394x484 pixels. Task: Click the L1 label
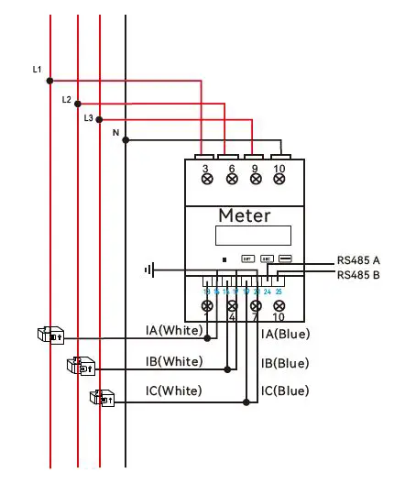click(x=37, y=70)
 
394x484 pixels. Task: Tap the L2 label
click(x=67, y=98)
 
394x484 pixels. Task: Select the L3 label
click(x=89, y=118)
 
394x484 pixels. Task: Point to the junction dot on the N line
click(x=126, y=140)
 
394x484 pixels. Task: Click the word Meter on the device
click(x=244, y=215)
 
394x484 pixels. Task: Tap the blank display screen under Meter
click(x=245, y=236)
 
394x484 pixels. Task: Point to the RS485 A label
click(x=357, y=259)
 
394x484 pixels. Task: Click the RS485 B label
click(x=357, y=274)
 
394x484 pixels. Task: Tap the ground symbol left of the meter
click(x=149, y=269)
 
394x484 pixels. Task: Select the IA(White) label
click(x=174, y=330)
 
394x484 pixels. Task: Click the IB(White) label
click(x=174, y=361)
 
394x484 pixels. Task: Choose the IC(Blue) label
click(x=285, y=391)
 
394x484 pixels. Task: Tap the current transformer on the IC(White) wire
click(x=101, y=398)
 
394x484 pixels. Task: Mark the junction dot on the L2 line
click(x=78, y=104)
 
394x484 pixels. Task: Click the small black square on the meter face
click(x=225, y=259)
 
